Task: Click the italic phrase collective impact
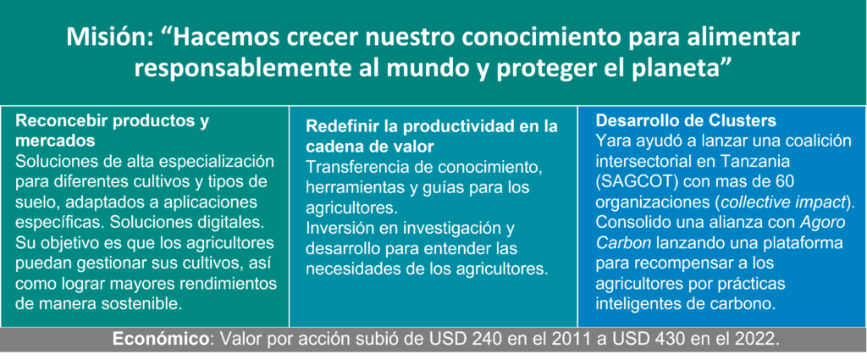781,202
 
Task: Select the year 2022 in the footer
758,339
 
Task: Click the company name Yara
610,141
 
